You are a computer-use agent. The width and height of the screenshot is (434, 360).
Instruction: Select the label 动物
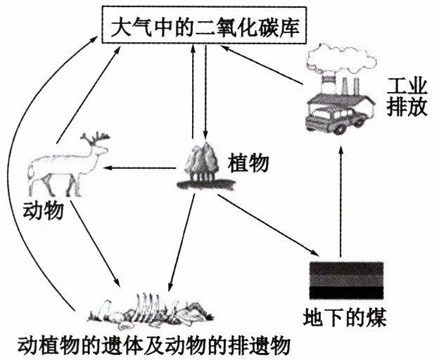[44, 210]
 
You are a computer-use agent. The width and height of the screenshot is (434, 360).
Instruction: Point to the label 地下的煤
[344, 314]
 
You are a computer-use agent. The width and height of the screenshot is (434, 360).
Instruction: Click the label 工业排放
[404, 99]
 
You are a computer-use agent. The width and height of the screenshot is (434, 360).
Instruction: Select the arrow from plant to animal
[141, 168]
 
